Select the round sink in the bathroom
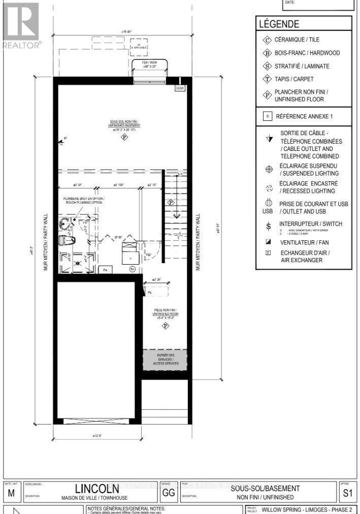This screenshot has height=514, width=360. pos(65,223)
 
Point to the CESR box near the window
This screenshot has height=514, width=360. pos(180,88)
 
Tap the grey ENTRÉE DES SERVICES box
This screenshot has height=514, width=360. pos(165,359)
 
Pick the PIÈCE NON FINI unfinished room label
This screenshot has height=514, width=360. pos(166,312)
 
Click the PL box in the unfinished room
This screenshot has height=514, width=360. pos(150,293)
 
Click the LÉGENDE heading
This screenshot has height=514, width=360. pos(279,23)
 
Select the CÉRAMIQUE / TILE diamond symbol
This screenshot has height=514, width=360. pos(267,40)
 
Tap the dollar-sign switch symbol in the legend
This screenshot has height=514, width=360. pos(269,226)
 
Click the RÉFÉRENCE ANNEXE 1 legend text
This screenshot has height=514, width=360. pos(304,116)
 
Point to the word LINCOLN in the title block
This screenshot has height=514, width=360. pos(97,489)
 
